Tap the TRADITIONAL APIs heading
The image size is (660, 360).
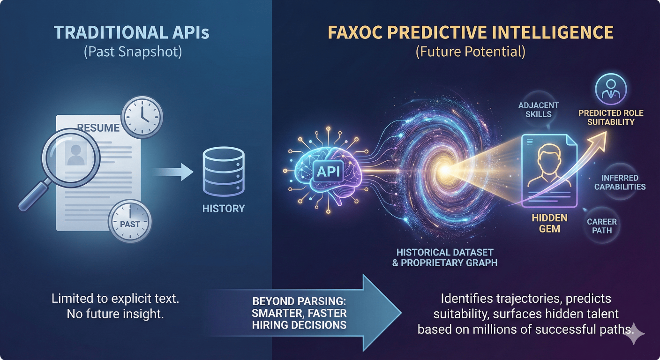(x=132, y=33)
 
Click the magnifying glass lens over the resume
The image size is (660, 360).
(x=71, y=158)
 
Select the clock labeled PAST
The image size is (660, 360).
(x=130, y=222)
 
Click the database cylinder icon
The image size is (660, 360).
(x=224, y=172)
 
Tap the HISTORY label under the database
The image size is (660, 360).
(x=224, y=209)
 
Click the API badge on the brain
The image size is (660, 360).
(x=328, y=172)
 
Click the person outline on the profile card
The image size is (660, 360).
(x=549, y=166)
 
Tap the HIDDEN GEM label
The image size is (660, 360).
(x=549, y=223)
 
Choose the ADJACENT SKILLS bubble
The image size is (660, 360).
(x=539, y=110)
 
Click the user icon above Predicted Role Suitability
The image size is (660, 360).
(x=611, y=89)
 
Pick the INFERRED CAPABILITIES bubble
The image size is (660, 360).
(x=620, y=182)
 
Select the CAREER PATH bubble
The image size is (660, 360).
(x=602, y=226)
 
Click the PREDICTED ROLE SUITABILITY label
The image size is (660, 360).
(x=611, y=118)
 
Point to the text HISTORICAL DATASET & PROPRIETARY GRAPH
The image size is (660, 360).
(x=445, y=257)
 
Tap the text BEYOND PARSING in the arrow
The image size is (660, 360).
(x=299, y=301)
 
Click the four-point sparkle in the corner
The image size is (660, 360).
(x=633, y=333)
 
